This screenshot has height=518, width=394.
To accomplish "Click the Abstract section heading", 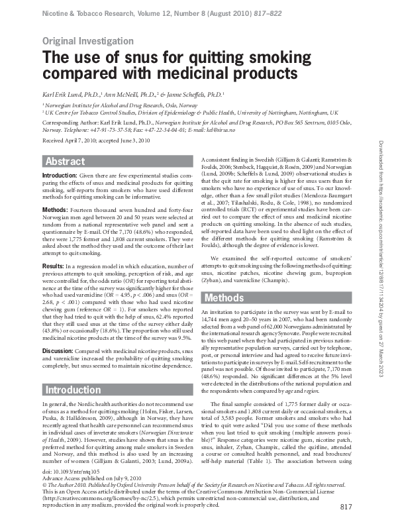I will point(65,162).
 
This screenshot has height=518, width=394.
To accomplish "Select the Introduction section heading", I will point(72,389).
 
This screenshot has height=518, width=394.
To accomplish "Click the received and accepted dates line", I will point(96,141).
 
